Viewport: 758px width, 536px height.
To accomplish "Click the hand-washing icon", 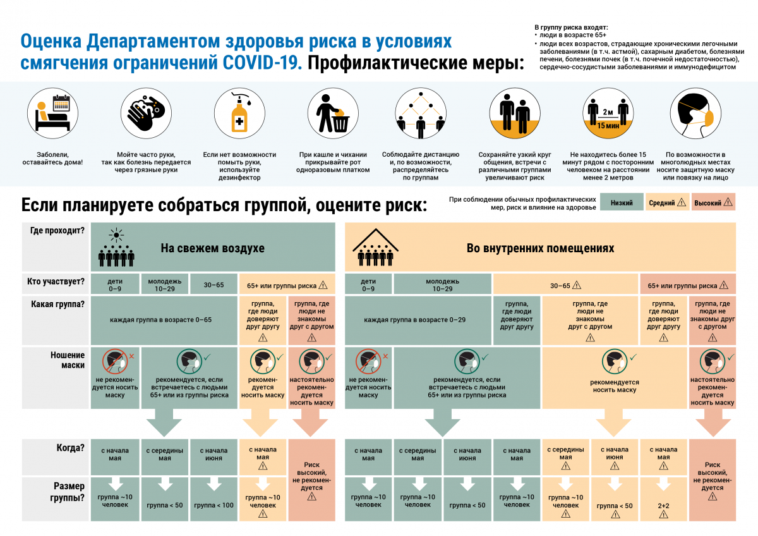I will [145, 113].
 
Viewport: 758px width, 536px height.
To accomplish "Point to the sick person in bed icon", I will [52, 113].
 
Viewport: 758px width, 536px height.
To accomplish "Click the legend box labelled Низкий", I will [621, 203].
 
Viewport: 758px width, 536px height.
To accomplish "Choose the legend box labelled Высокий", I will [713, 203].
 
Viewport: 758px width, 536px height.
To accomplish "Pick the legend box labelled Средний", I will [666, 203].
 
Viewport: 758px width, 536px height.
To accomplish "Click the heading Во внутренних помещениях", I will [539, 248].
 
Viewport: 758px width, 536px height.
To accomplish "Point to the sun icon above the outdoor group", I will [116, 236].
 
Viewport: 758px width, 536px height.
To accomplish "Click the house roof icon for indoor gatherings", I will [376, 240].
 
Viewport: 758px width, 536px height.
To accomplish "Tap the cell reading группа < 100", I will [214, 505].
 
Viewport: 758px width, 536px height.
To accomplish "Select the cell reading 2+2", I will [663, 506].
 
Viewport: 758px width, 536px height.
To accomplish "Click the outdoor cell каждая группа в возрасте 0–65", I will [160, 320].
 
